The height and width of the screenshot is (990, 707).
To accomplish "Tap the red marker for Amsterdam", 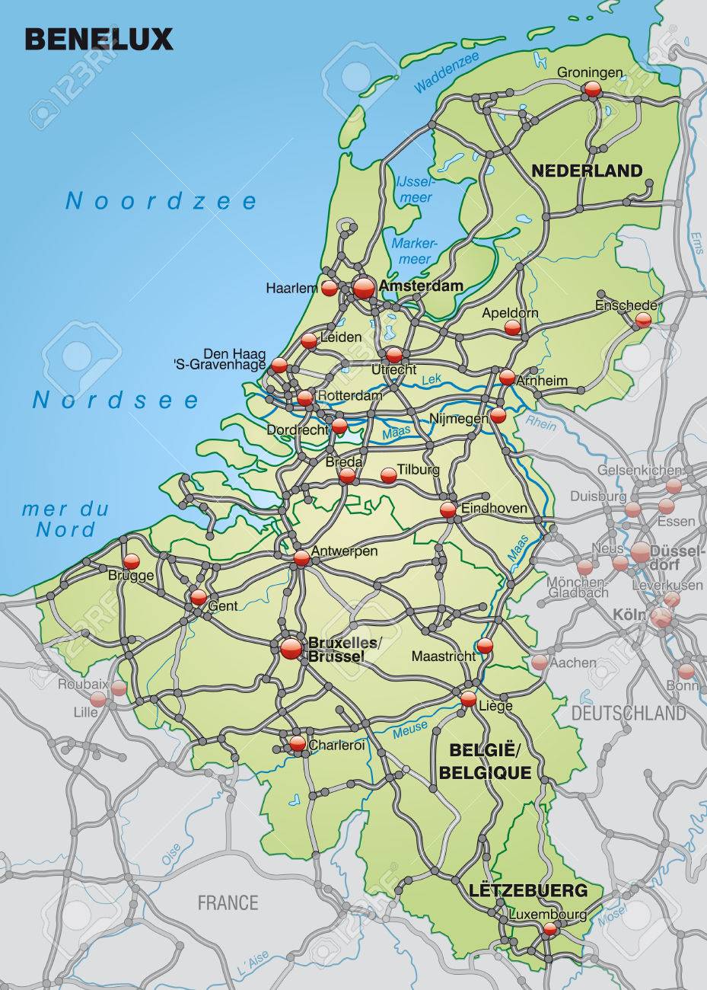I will click(x=364, y=288).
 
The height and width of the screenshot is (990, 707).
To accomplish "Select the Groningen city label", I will click(x=590, y=72).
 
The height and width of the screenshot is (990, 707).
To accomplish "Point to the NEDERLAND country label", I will click(x=587, y=170).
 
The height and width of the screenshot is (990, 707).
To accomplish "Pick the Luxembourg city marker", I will click(x=550, y=928).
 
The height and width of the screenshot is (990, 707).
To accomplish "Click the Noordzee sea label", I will click(x=161, y=201).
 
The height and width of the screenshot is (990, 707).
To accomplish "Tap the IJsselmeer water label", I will click(x=415, y=190).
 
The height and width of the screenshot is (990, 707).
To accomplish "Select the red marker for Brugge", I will click(x=132, y=561).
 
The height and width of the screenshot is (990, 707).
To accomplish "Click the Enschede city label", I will click(x=627, y=305).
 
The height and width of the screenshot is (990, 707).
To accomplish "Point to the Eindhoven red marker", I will click(x=448, y=510).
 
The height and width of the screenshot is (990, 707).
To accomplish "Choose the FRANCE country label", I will click(x=228, y=903).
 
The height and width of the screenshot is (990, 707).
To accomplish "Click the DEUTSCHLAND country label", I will click(x=628, y=714).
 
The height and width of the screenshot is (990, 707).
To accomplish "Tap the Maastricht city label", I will click(x=442, y=655).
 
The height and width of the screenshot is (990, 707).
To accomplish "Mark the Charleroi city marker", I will click(x=297, y=743).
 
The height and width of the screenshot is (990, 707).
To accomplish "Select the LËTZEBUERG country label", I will click(x=539, y=889).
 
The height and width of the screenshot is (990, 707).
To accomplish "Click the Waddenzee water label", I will click(x=449, y=76).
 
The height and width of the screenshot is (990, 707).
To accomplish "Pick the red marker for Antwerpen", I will click(x=301, y=558).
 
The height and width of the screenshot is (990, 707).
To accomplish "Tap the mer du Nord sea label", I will click(x=72, y=519).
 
